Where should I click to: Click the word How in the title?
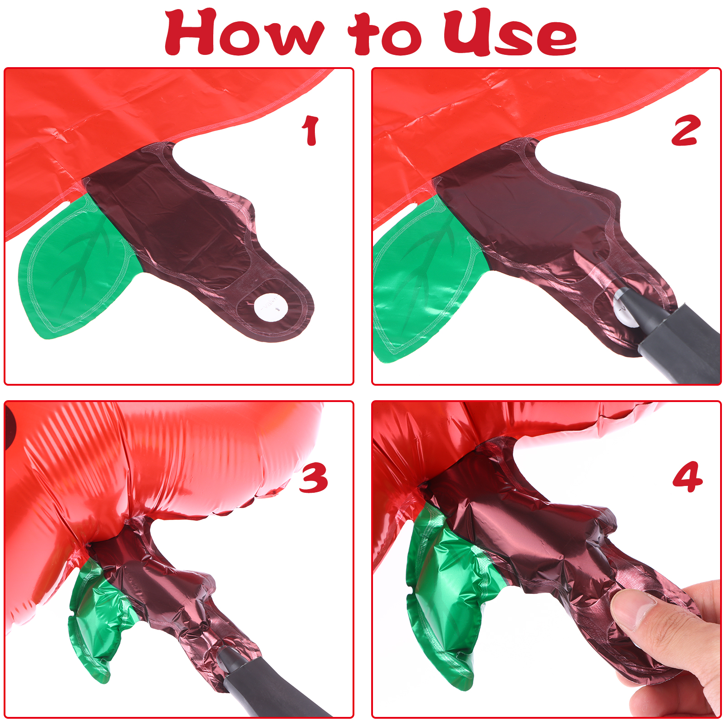245,33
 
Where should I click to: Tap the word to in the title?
385,34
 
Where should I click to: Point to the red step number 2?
686,130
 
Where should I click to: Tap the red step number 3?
313,477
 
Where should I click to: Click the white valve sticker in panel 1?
271,307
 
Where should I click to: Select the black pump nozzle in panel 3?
268,685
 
